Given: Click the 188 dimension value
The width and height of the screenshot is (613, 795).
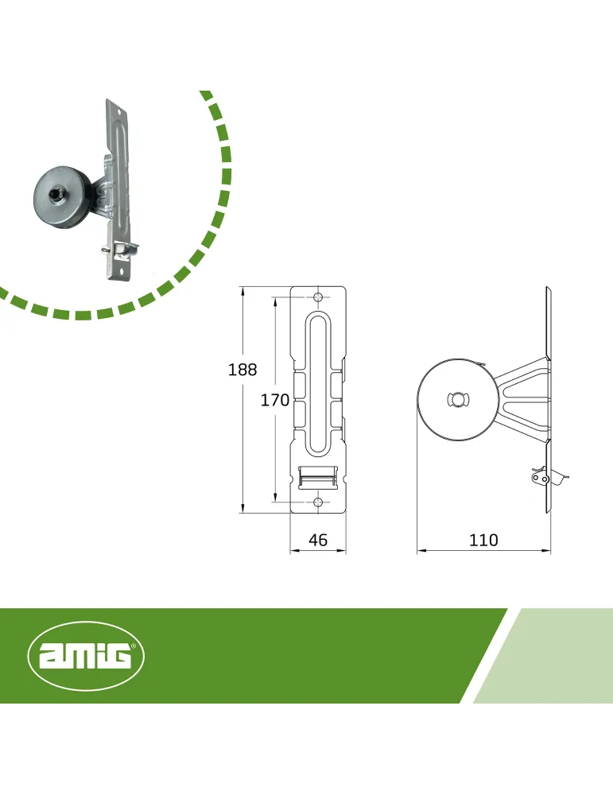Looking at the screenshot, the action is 242,370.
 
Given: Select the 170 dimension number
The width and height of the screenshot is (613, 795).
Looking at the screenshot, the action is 275,400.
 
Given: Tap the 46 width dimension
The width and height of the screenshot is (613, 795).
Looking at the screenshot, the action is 318,540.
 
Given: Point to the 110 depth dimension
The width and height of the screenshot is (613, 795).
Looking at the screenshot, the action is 483,540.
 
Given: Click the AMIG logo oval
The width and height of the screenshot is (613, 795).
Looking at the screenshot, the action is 86,656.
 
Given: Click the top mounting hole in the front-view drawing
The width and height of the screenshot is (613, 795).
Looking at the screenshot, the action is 318,297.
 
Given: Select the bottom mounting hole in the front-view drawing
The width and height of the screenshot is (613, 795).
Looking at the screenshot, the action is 318,502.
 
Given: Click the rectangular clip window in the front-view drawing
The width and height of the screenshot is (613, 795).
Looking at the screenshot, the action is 318,477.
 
